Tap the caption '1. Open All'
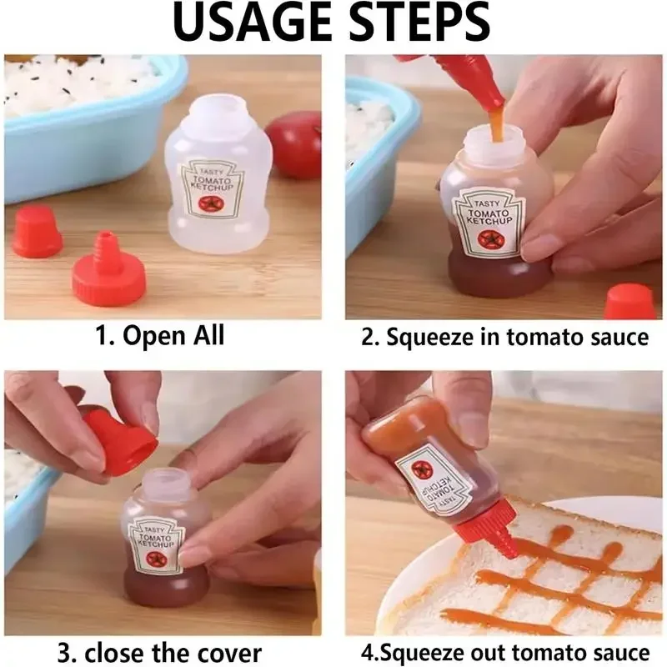[159, 336]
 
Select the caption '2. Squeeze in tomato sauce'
[504, 336]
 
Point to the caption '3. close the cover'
[159, 651]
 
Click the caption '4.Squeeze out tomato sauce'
[504, 651]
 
